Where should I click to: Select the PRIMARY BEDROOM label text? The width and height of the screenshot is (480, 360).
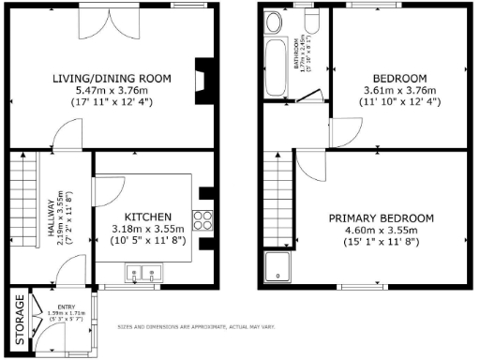pos(381,217)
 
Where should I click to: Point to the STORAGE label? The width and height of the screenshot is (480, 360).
pos(19,319)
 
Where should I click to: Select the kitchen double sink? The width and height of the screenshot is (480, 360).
pos(142,276)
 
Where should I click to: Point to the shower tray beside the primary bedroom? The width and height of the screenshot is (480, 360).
pos(277,266)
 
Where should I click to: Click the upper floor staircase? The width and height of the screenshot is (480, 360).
pos(277,187)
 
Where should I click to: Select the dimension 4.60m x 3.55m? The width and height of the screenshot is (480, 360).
pos(381,230)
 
